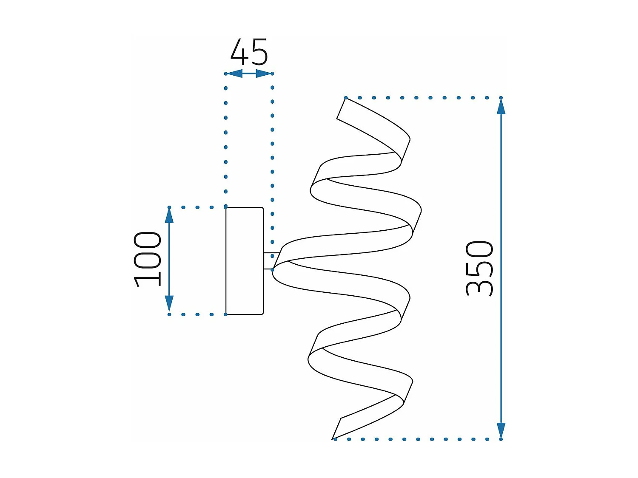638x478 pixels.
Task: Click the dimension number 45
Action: [249, 52]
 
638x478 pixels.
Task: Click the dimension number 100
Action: [147, 259]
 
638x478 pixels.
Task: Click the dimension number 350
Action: [479, 269]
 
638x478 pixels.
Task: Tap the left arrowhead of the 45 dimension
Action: [234, 74]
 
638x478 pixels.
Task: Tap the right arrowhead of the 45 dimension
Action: [264, 74]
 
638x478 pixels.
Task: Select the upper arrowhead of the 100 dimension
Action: [169, 216]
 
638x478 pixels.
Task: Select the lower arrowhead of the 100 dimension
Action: [169, 303]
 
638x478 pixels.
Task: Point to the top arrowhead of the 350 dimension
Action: [501, 107]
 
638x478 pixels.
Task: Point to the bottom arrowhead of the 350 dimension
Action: [501, 431]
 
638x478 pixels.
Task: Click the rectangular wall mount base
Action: [245, 260]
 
